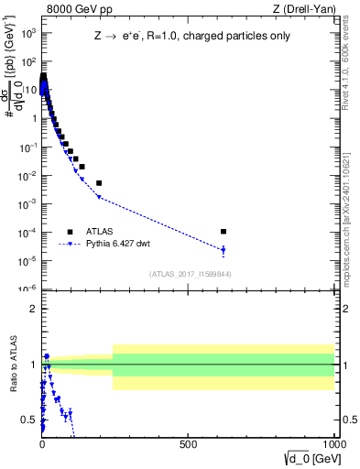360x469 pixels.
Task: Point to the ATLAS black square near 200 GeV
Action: click(99, 183)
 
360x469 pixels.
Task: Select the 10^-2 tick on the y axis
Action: click(27, 176)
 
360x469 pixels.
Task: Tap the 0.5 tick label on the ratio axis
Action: click(28, 420)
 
